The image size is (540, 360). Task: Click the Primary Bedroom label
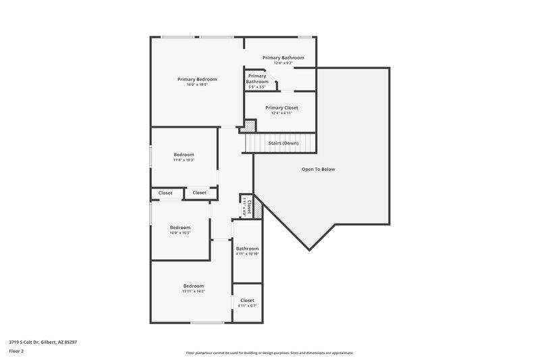point(197,79)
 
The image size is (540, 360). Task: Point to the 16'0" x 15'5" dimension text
point(197,84)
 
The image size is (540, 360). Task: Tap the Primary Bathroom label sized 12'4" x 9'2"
point(283,58)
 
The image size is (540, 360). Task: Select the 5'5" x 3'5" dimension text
point(256,86)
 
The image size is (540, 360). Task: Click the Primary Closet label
point(281,107)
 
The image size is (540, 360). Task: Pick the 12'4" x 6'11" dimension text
point(281,113)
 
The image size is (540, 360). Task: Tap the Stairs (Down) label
point(283,143)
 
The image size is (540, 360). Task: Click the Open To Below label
point(318,169)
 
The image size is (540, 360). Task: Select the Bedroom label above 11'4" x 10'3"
point(184,155)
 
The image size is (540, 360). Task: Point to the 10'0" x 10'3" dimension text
point(180,233)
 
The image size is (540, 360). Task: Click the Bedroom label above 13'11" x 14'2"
point(193,286)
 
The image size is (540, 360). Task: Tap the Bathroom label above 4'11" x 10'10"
point(247,249)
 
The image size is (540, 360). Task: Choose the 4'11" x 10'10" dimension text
point(247,254)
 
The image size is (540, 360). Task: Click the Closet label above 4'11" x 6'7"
point(247,300)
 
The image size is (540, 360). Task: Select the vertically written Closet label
point(249,206)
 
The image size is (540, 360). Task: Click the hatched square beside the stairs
point(249,126)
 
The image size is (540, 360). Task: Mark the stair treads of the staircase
point(270,143)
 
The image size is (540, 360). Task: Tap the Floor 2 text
point(16,351)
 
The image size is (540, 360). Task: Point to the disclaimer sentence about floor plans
point(269,353)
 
